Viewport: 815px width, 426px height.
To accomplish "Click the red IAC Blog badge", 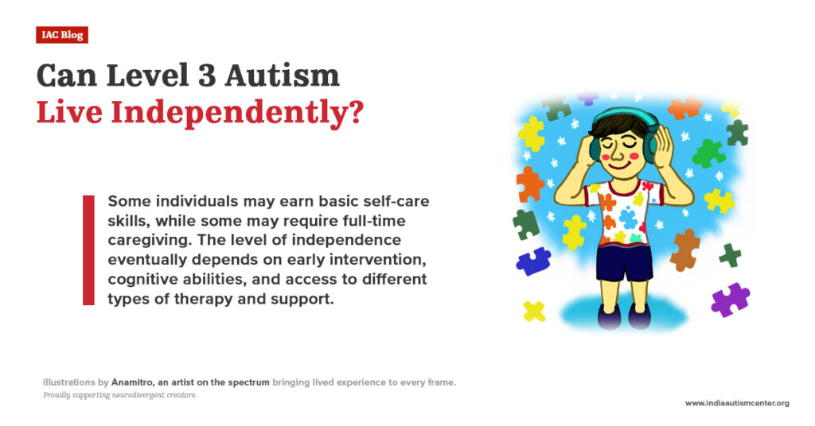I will tap(61, 35).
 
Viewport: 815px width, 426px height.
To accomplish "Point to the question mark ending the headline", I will tap(353, 112).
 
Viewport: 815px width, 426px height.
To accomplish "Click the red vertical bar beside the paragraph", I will tap(88, 250).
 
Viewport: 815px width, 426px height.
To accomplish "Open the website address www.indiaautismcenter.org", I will tap(737, 403).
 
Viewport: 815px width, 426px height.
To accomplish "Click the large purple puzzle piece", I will tap(729, 300).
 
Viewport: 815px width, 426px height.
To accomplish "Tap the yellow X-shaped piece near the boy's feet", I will tap(534, 311).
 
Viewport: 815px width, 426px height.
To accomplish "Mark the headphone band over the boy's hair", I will tap(626, 112).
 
